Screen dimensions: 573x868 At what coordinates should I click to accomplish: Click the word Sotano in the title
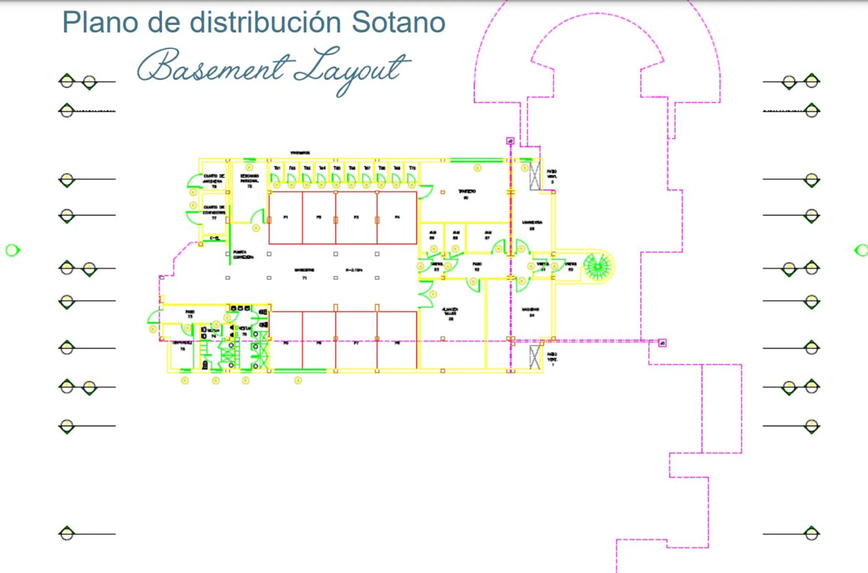[x=398, y=22]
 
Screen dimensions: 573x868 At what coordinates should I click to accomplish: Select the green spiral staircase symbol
[x=597, y=266]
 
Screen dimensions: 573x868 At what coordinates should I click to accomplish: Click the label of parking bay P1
[x=286, y=217]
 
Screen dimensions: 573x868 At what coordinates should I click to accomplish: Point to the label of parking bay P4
[x=397, y=217]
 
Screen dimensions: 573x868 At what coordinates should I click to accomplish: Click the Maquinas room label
[x=531, y=312]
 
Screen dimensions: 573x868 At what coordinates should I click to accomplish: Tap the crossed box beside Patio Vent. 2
[x=535, y=176]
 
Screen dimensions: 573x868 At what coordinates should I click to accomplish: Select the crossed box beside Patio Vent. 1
[x=535, y=357]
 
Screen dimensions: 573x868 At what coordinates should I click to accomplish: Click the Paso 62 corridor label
[x=477, y=266]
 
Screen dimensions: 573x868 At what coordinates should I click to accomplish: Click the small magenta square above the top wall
[x=510, y=141]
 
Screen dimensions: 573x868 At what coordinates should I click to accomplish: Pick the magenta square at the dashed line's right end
[x=662, y=343]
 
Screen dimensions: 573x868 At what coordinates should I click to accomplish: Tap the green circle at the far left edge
[x=12, y=250]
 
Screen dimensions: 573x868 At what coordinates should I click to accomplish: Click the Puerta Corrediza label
[x=243, y=254]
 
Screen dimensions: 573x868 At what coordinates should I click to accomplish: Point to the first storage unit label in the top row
[x=277, y=168]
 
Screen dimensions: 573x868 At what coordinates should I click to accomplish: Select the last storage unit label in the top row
[x=412, y=168]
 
